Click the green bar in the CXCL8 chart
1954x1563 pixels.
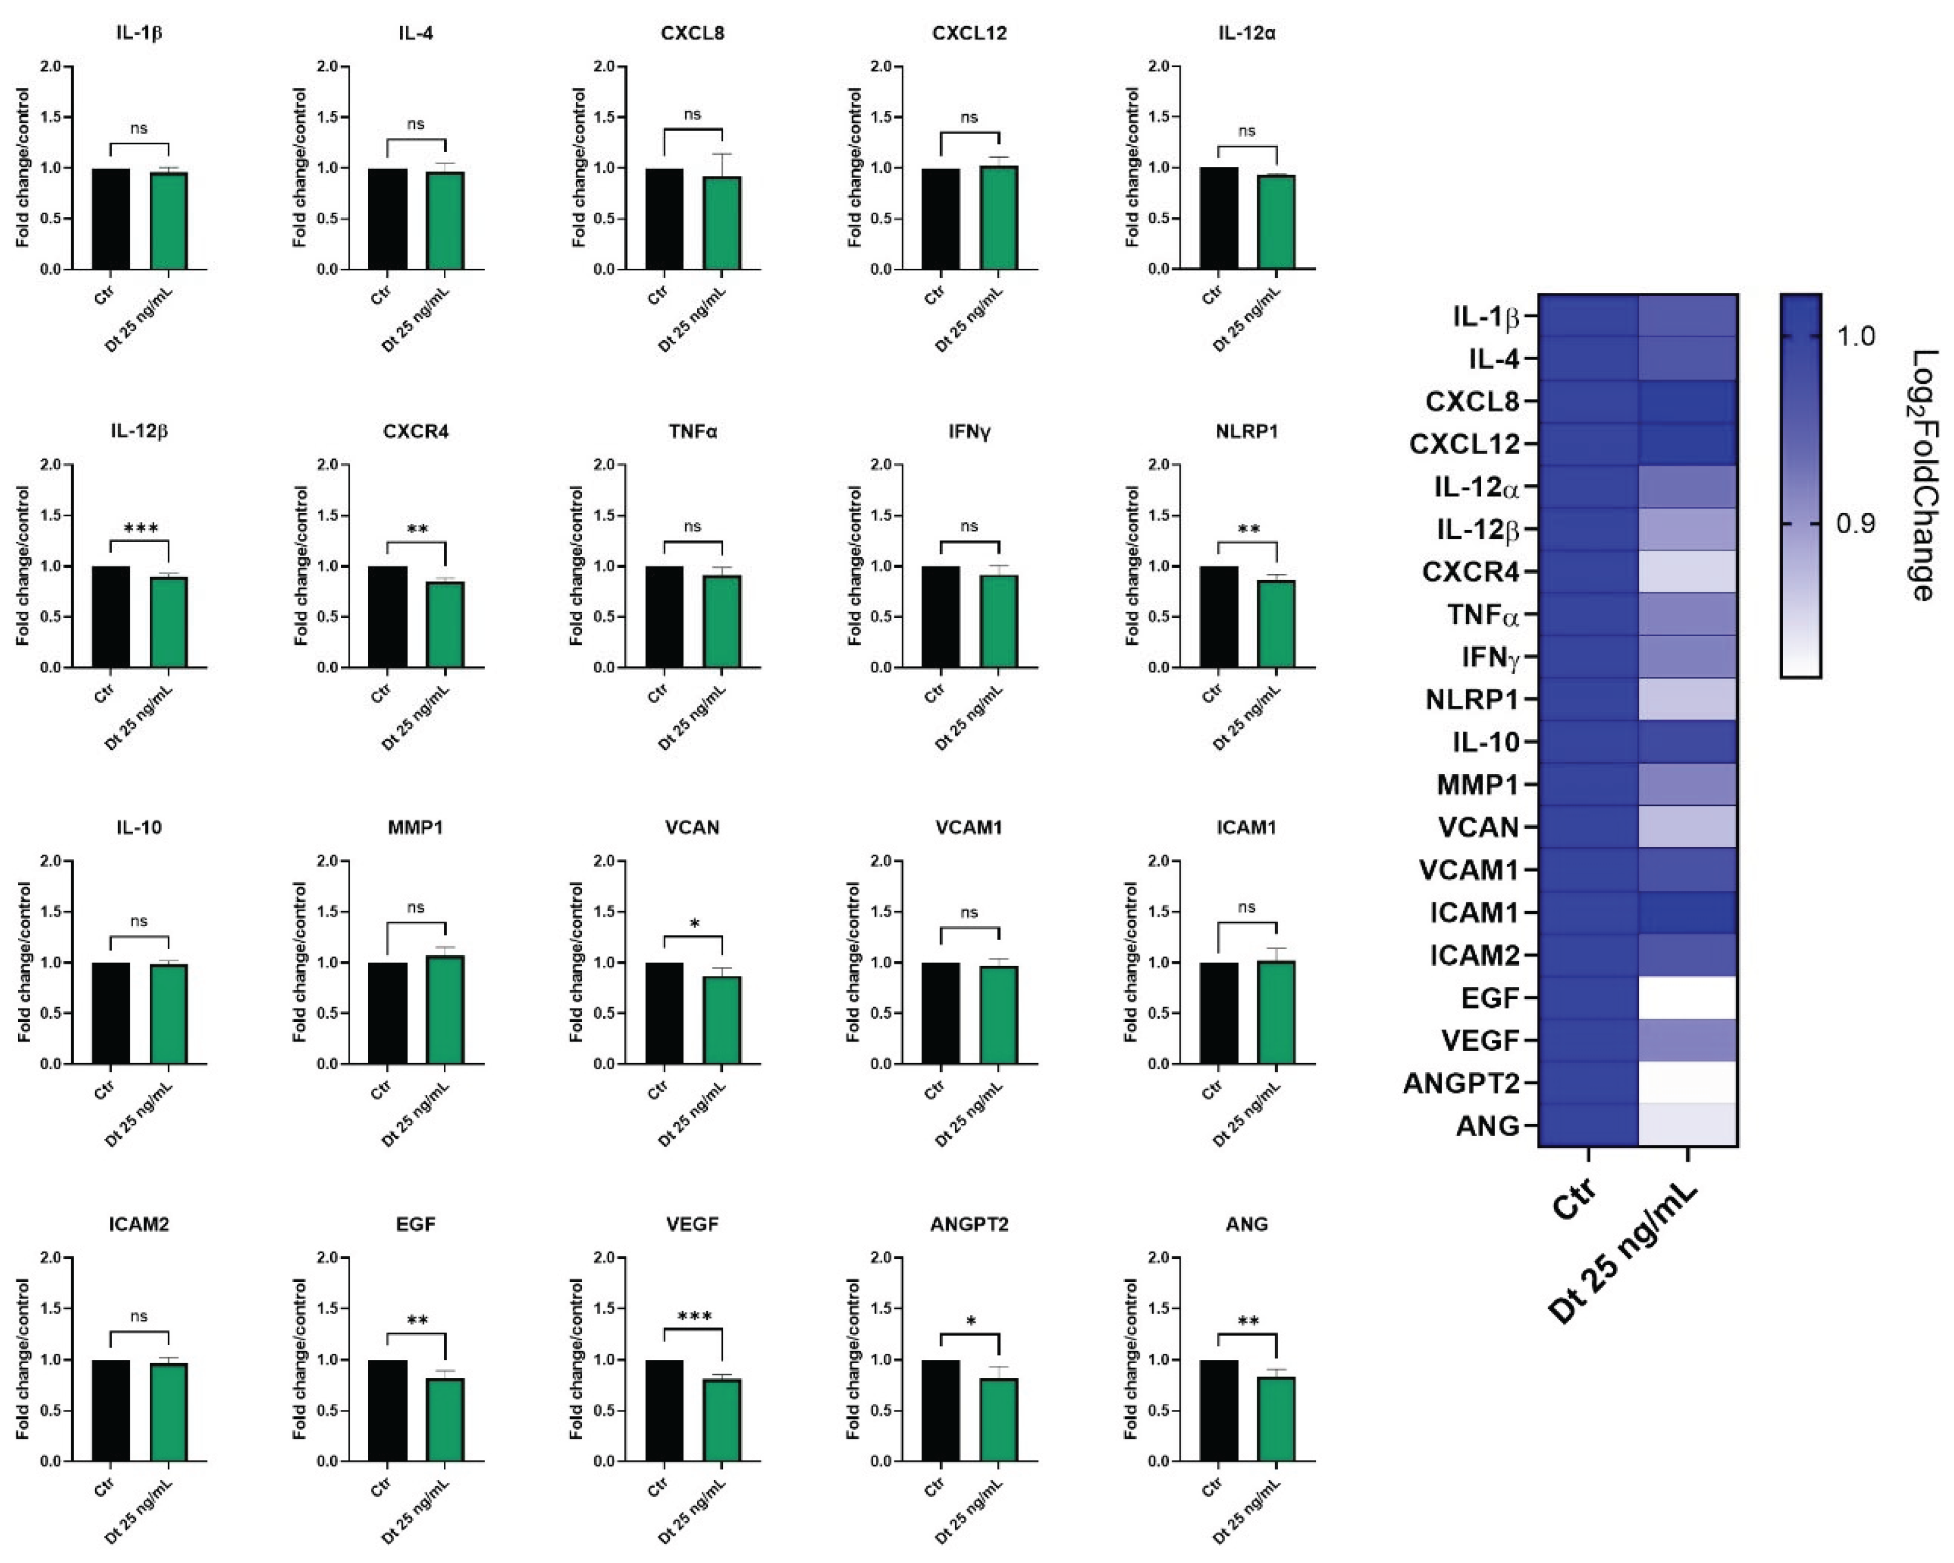722,223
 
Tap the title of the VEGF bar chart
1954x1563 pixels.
692,1224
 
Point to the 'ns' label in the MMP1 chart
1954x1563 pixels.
416,907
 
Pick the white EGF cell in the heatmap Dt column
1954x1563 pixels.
1687,997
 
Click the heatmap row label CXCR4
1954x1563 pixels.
1470,572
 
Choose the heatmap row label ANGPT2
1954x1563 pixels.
1461,1083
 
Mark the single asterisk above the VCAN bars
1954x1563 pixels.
694,924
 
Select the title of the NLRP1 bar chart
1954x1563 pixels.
1247,431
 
